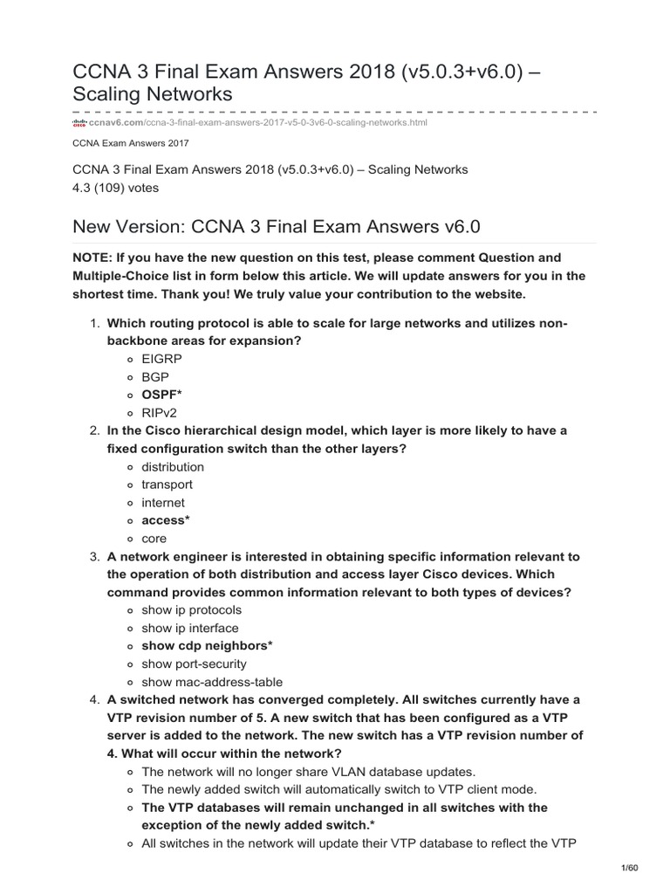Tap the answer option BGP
pos(155,377)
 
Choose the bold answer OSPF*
pos(161,395)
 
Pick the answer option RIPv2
pos(160,413)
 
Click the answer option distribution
pos(173,467)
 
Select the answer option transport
pos(167,485)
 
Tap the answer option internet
pos(163,503)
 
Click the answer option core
pos(154,539)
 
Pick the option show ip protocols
pos(191,610)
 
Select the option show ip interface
pos(189,628)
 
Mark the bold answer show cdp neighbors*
pos(208,646)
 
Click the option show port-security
pos(194,664)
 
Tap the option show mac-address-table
pos(212,682)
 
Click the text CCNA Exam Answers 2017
pos(131,143)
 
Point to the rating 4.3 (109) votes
pos(116,187)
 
